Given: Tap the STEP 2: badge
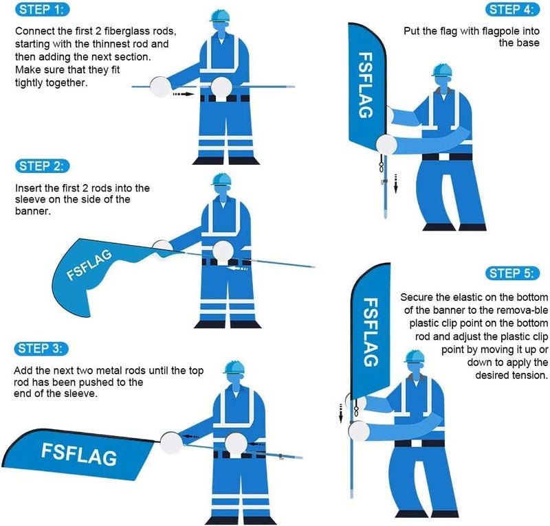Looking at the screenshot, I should click(x=42, y=166).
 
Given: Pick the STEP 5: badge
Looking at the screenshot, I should click(x=509, y=273).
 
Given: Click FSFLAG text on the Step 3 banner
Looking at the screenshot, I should click(x=78, y=454).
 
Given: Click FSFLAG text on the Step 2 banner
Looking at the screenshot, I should click(x=91, y=265).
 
